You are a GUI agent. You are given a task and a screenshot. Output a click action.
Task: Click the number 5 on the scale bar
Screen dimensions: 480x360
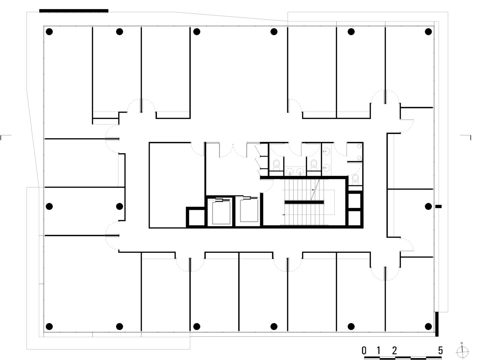440,351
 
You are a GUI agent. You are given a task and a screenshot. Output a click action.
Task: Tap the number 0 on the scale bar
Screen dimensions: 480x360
364,351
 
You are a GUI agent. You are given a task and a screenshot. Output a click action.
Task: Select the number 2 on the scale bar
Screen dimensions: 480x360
394,351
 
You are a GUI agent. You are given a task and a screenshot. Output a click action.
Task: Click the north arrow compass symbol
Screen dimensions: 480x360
463,352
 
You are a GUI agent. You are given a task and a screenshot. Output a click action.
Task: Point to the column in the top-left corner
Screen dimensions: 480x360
49,32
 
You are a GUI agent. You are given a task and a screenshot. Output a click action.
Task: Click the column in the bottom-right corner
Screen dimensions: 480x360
428,327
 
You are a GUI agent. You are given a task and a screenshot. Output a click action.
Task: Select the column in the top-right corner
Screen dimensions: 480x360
428,32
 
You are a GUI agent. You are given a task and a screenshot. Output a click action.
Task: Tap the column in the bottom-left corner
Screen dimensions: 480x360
49,327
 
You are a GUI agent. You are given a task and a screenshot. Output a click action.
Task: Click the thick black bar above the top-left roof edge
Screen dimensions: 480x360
74,11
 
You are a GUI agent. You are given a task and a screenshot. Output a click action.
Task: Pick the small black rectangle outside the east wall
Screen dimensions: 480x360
438,206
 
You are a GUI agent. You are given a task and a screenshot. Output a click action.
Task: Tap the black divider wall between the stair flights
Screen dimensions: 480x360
304,202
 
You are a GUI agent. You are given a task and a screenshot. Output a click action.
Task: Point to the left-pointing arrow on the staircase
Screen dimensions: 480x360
283,215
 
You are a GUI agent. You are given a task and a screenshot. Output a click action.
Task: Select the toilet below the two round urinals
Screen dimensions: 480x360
355,180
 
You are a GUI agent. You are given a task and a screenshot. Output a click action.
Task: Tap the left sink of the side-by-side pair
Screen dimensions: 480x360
290,171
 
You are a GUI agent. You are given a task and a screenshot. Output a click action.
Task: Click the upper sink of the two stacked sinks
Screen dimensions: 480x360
326,151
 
